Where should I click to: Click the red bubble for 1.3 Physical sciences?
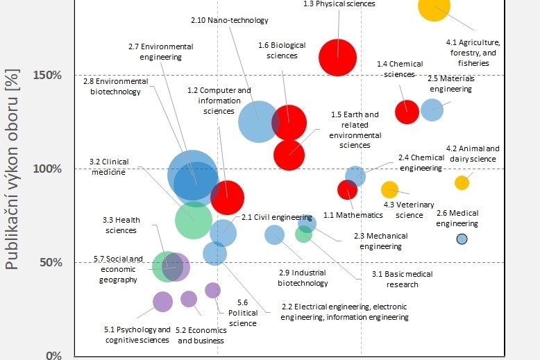(337, 57)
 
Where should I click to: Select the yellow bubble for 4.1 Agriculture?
(434, 7)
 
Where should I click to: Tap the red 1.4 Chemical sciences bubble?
(407, 111)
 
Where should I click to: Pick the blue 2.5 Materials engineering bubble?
(432, 110)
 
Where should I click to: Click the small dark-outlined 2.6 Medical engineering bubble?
(462, 239)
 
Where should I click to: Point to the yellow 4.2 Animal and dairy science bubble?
(462, 182)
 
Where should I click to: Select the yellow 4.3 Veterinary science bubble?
(389, 189)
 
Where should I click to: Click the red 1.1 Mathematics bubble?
(347, 189)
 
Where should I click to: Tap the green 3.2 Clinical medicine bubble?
(194, 219)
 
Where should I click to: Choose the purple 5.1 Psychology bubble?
(162, 301)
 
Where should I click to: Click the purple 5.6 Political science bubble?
(213, 290)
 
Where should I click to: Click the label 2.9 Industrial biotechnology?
(303, 278)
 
